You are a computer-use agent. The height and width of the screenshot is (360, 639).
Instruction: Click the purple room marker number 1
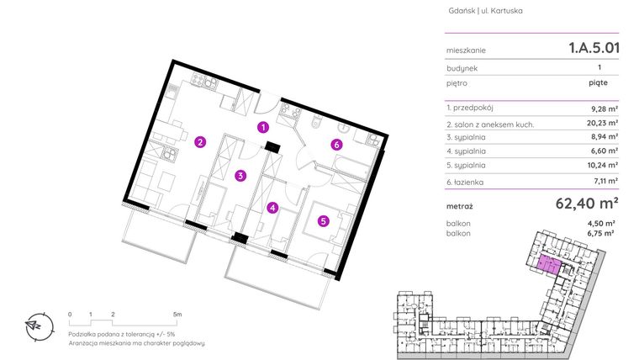263,128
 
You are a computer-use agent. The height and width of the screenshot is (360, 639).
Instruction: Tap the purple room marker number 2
200,141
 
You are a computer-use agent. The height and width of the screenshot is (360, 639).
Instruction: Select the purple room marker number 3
240,176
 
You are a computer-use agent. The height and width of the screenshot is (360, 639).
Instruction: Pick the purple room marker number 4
272,208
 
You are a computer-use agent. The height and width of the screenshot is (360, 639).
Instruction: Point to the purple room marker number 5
323,221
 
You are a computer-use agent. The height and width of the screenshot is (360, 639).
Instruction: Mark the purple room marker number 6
336,145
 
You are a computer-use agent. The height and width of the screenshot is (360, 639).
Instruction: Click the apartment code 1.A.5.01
594,49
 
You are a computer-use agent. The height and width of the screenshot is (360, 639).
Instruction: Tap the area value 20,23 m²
604,124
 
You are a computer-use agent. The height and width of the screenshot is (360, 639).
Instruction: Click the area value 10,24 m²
604,165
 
